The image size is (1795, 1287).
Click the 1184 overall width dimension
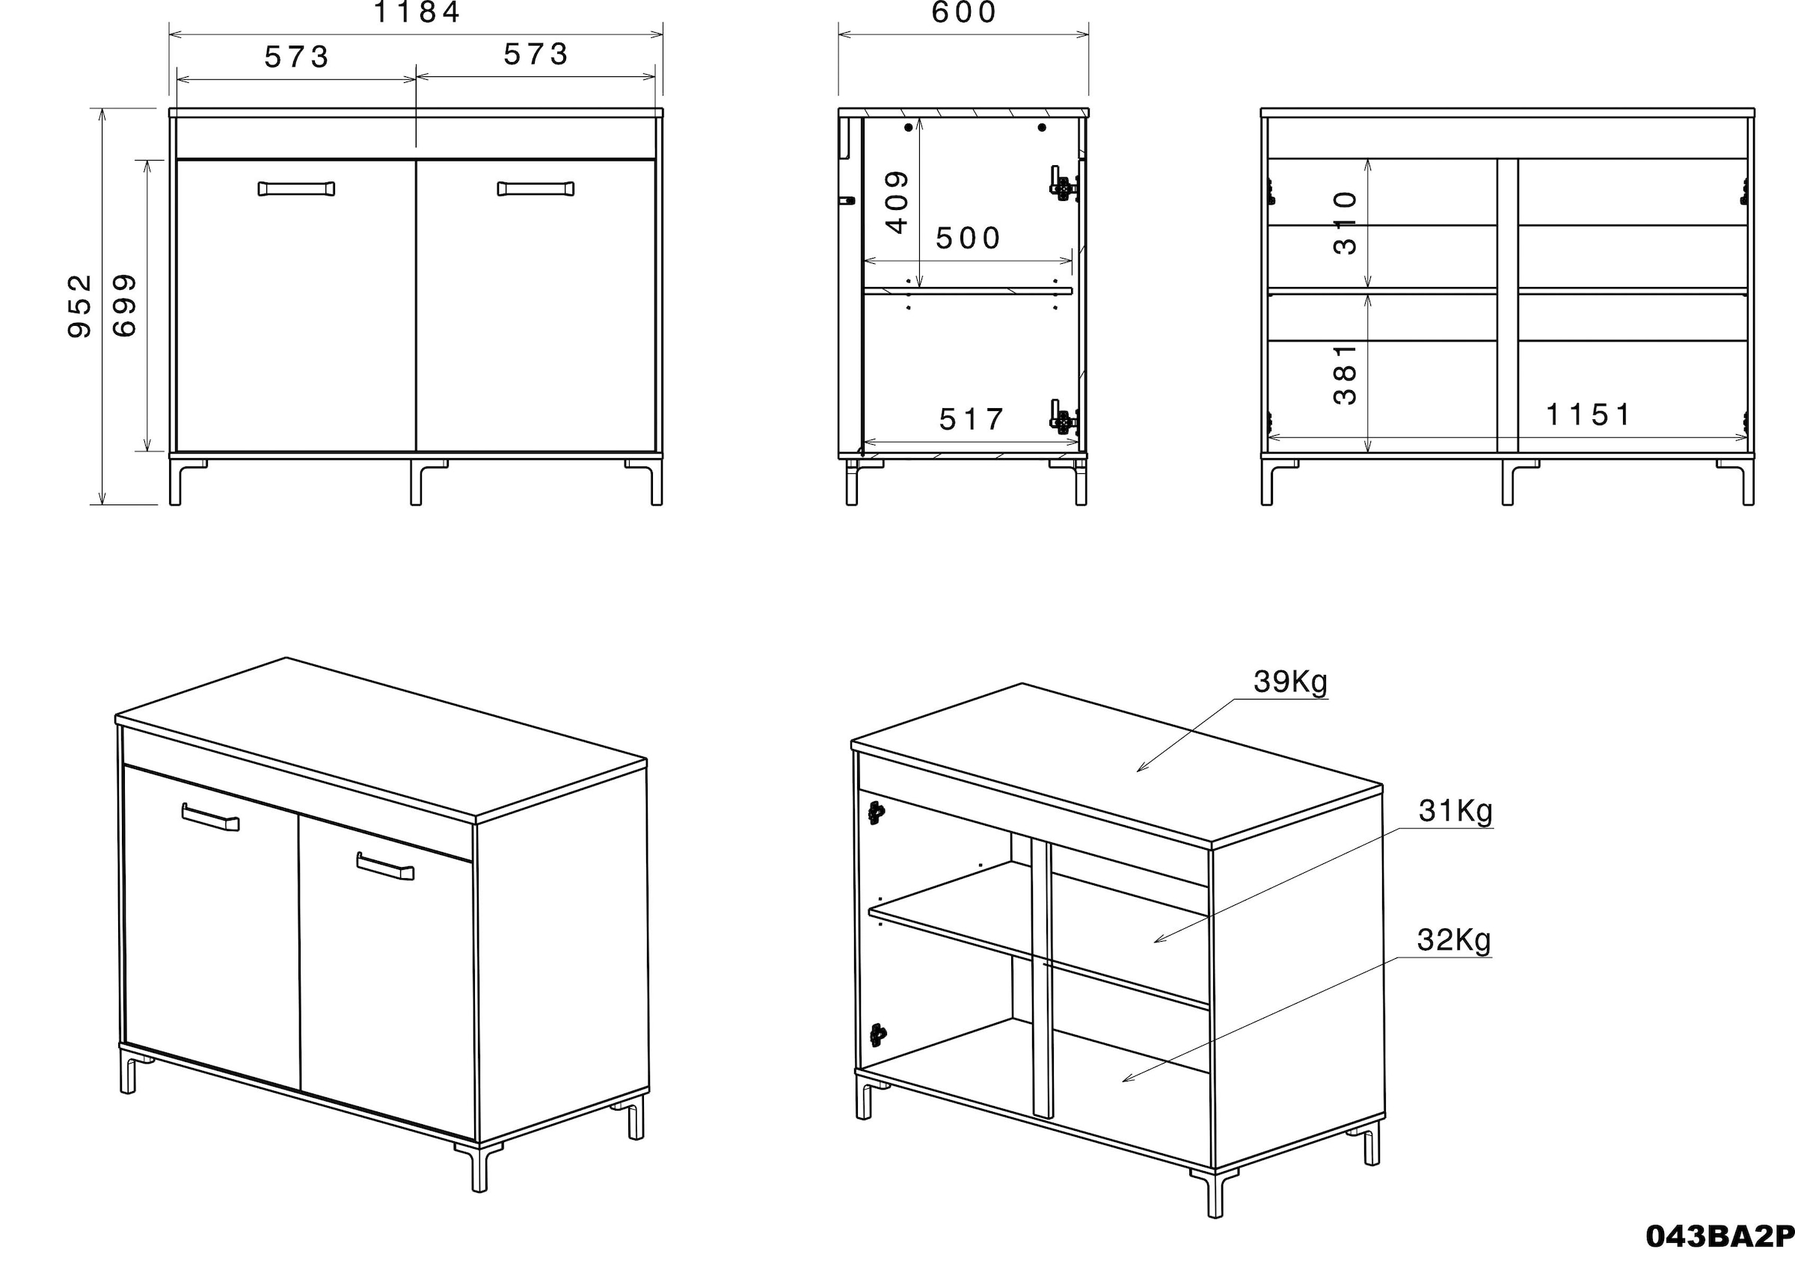tap(417, 13)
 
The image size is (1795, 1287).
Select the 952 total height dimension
tap(81, 306)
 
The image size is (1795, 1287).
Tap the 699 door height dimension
tap(125, 306)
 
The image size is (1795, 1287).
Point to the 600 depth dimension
tap(963, 13)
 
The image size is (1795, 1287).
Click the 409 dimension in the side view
tap(897, 203)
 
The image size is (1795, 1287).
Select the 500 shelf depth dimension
tap(968, 238)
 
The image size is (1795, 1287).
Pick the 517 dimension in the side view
tap(971, 419)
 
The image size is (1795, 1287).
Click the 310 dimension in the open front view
tap(1346, 223)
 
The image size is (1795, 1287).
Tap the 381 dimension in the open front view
tap(1346, 374)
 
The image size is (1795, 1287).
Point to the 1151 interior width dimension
tap(1588, 415)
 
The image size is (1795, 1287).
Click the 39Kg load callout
tap(1290, 682)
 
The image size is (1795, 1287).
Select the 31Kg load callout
tap(1455, 811)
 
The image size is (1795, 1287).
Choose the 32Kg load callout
tap(1453, 940)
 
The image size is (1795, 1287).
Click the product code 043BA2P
tap(1719, 1236)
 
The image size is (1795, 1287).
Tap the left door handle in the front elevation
tap(296, 189)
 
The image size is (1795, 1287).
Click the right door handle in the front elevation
tap(536, 189)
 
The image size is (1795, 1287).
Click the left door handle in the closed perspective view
tap(210, 817)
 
